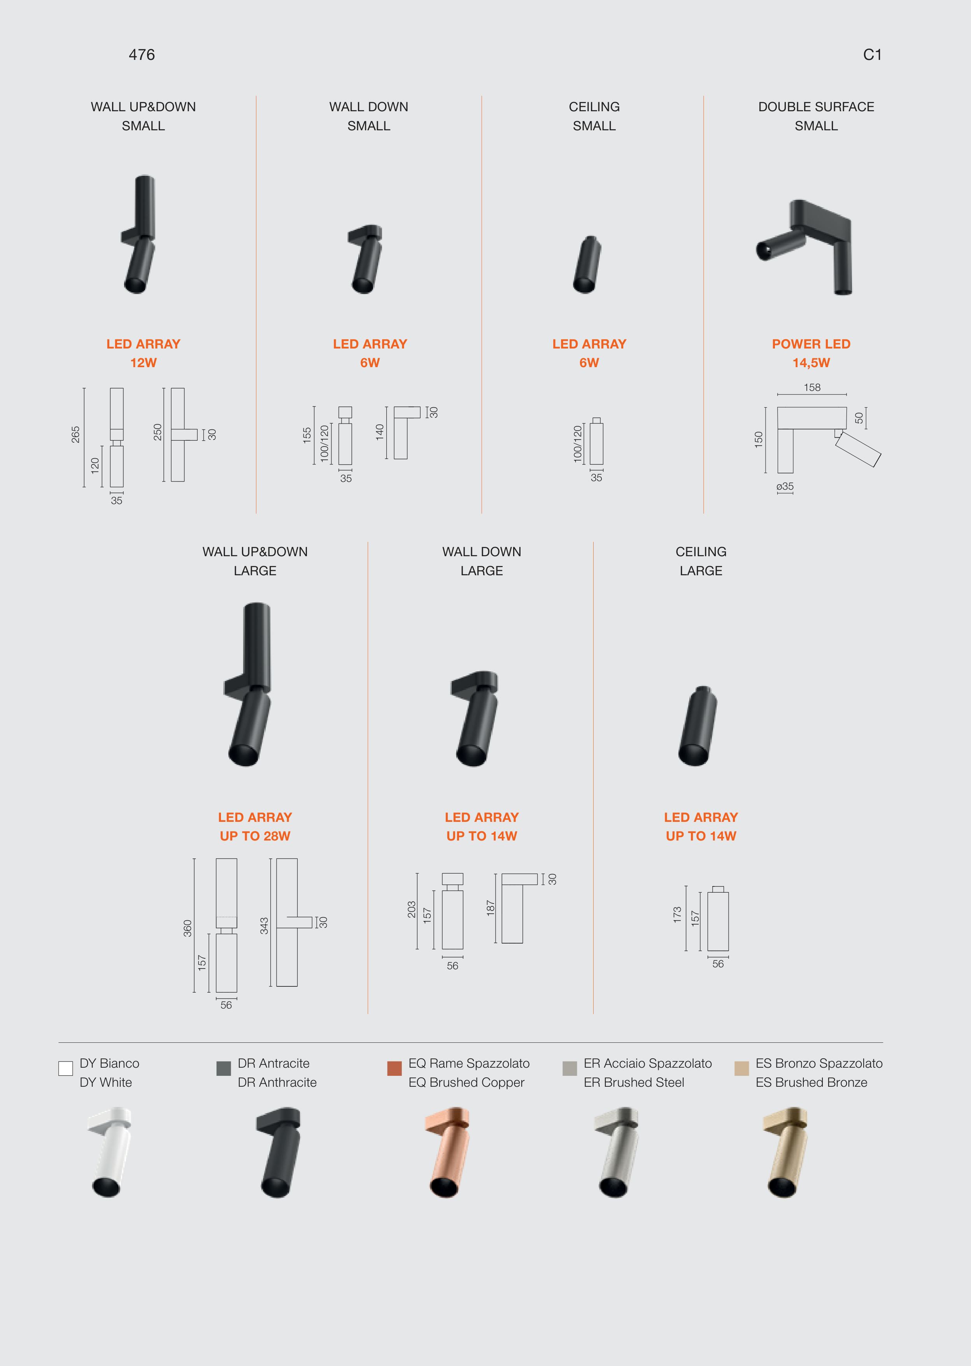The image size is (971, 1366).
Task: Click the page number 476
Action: [142, 55]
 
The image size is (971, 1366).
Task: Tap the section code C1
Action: [872, 55]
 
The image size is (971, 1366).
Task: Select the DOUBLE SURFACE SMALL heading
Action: [816, 116]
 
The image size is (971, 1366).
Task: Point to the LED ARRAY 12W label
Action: [144, 353]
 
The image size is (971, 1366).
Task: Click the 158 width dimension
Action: [812, 387]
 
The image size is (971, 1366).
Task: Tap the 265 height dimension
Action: [76, 434]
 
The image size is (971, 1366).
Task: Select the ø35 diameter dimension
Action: [785, 487]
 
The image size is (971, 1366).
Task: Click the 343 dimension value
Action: [264, 925]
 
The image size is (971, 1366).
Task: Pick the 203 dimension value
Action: [411, 909]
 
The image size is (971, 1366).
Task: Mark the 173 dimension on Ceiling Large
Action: [677, 915]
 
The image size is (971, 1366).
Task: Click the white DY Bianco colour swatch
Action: [66, 1068]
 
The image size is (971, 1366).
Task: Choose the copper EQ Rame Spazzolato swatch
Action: [394, 1068]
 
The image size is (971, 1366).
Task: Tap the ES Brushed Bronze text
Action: [812, 1082]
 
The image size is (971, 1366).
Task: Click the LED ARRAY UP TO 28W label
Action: [255, 827]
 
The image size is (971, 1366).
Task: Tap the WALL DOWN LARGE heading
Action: [482, 561]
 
